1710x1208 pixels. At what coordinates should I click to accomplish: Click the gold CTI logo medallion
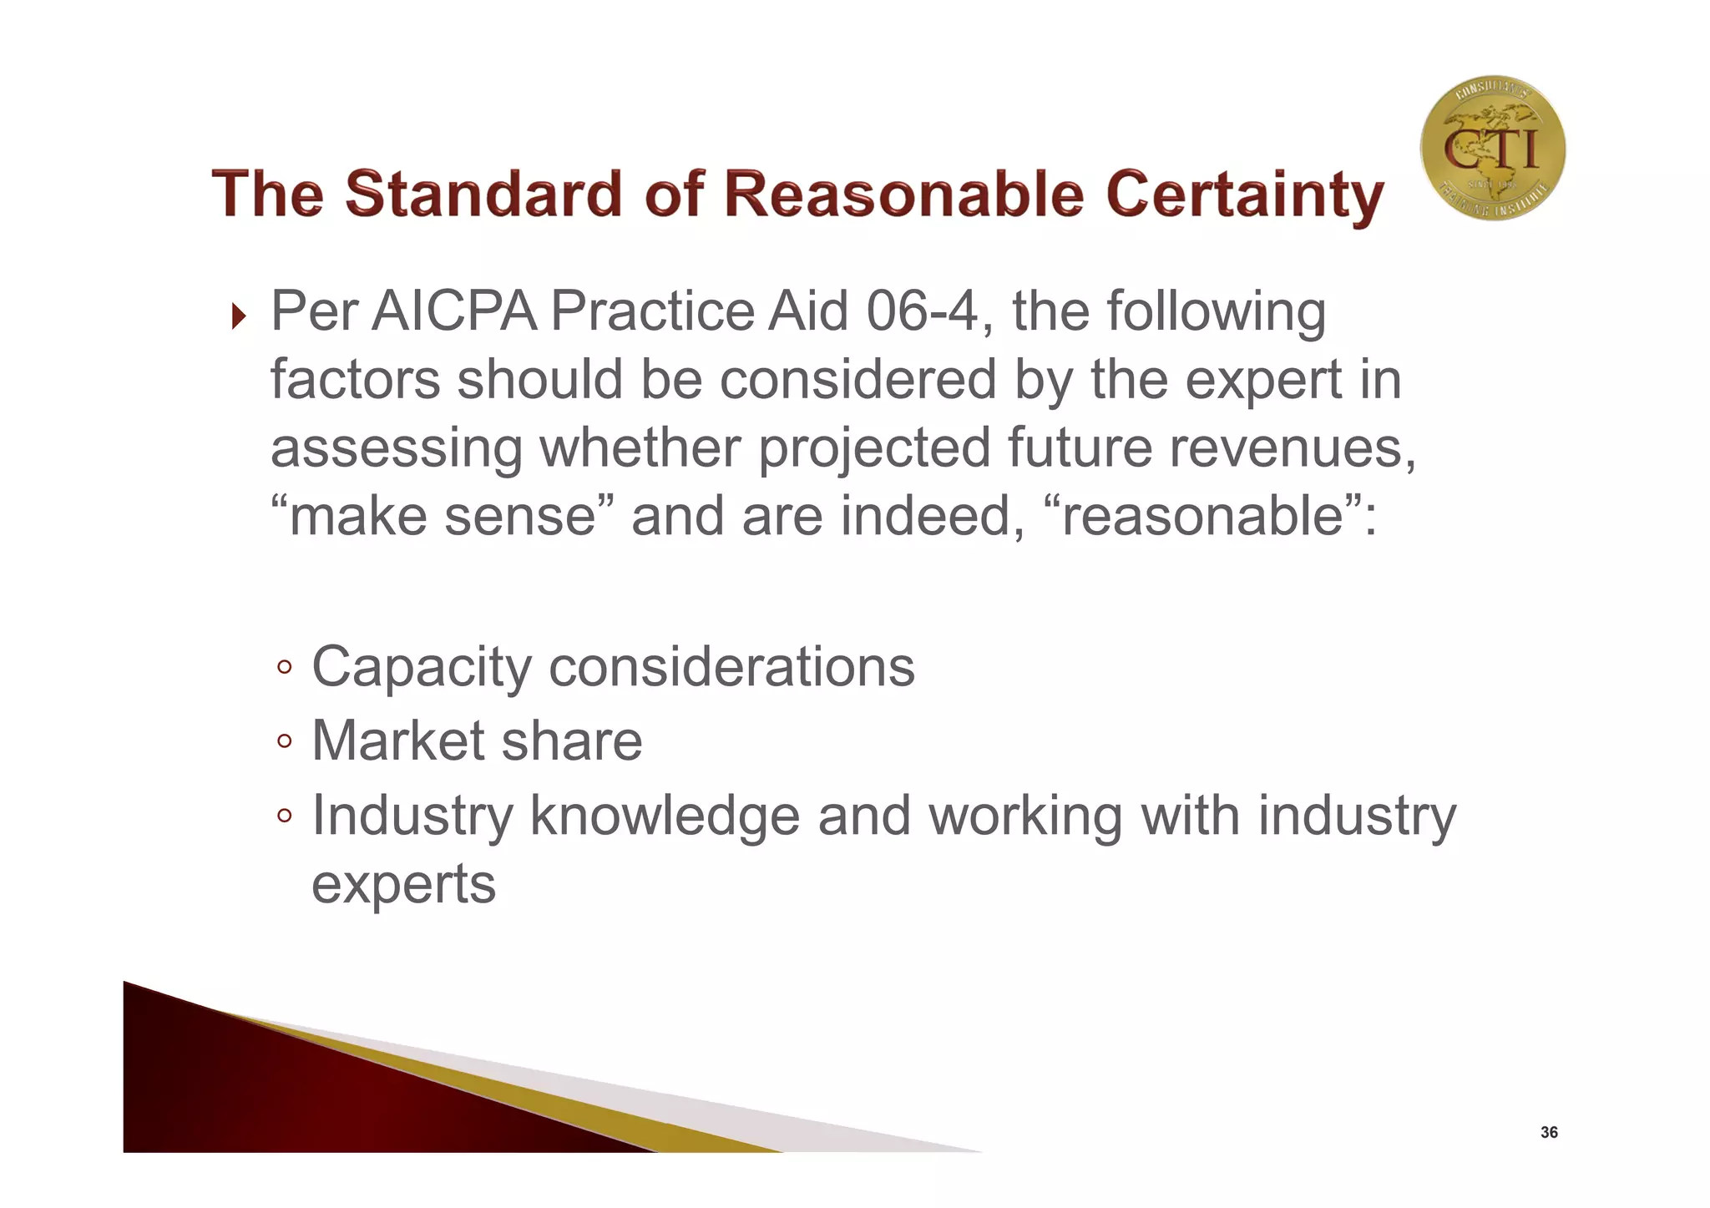(1492, 149)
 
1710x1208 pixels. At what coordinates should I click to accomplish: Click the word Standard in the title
(483, 195)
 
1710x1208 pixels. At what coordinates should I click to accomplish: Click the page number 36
(1549, 1133)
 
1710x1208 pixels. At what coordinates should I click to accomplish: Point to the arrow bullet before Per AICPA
(239, 316)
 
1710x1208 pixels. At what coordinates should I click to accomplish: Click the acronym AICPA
(453, 311)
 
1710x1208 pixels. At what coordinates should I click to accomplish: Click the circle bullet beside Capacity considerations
(285, 667)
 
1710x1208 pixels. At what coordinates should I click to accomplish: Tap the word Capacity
(422, 668)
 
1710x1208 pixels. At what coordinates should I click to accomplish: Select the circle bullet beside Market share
(285, 740)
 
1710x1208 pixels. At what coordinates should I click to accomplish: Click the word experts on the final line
(404, 885)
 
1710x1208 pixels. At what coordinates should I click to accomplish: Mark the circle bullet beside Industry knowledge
(285, 816)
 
